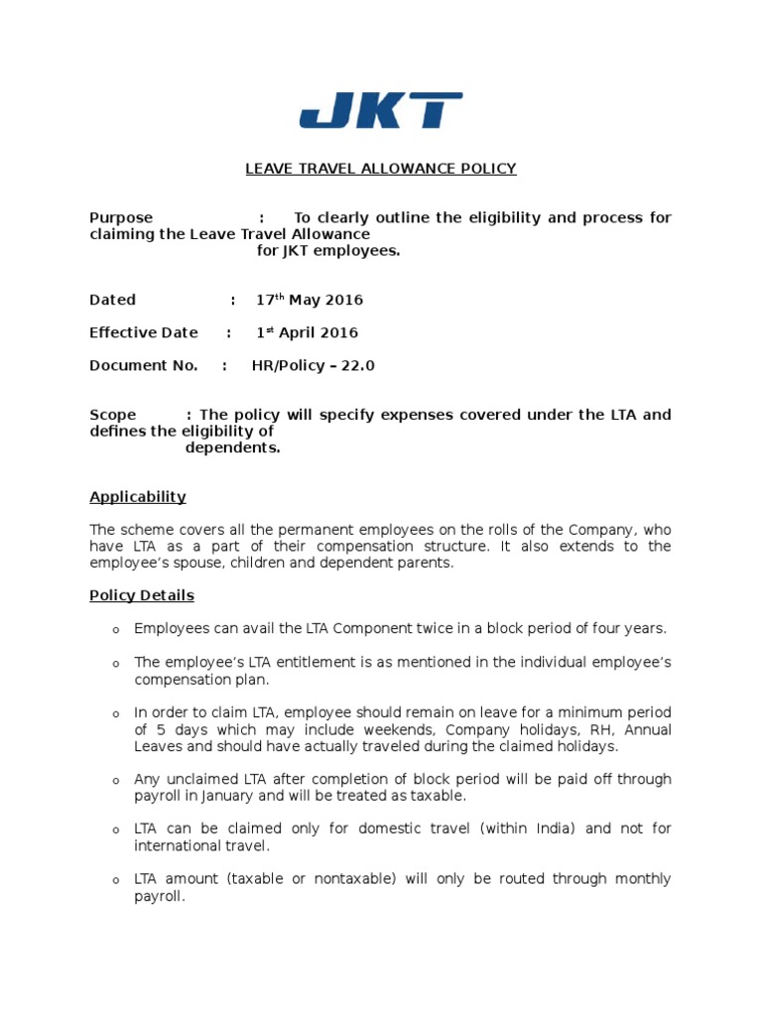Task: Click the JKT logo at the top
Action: (x=381, y=110)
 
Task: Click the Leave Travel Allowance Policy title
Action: (x=381, y=169)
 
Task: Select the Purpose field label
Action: (x=121, y=217)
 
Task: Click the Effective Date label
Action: (x=144, y=332)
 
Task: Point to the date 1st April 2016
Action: (x=307, y=332)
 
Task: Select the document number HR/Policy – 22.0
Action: (x=314, y=365)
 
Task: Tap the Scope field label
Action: (x=113, y=415)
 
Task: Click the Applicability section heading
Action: (x=138, y=497)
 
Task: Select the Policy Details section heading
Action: (x=142, y=596)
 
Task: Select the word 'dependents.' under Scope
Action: (x=233, y=447)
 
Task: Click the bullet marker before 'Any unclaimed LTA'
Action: (x=115, y=781)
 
